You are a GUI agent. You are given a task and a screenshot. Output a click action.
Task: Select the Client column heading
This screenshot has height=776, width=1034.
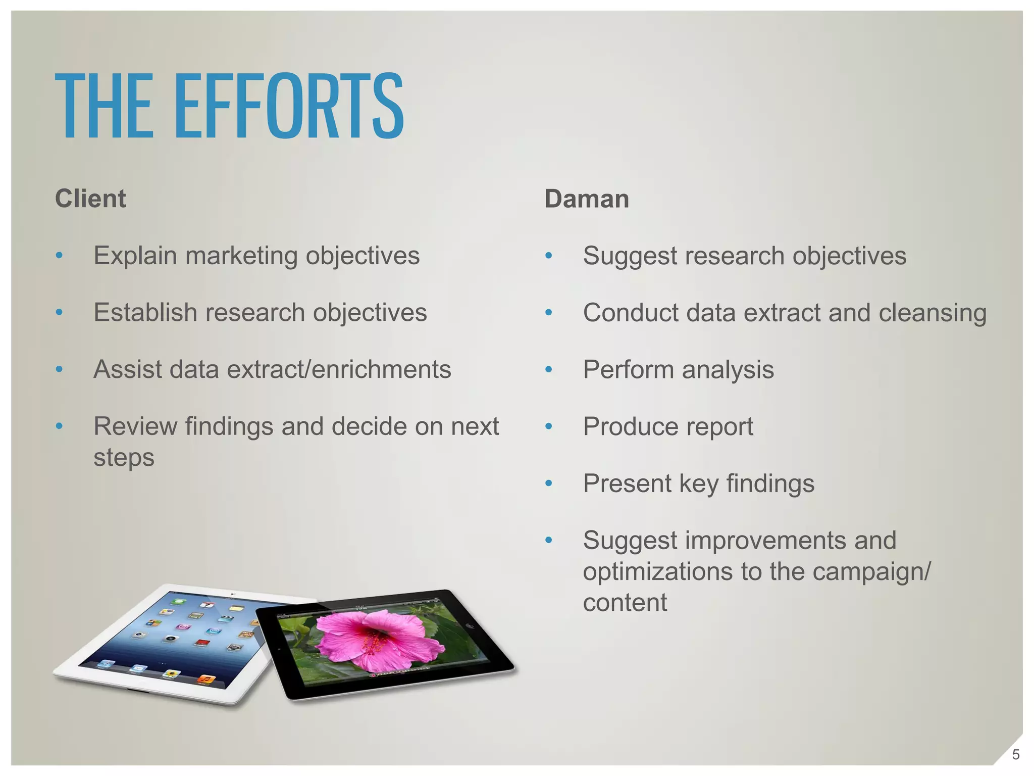tap(90, 198)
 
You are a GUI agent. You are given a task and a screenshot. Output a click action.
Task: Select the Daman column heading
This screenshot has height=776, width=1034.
tap(587, 199)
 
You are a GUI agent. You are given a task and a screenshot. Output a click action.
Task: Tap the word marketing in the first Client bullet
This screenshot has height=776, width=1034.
tap(241, 256)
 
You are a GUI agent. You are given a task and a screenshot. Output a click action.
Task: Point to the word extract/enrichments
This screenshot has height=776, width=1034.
tap(339, 369)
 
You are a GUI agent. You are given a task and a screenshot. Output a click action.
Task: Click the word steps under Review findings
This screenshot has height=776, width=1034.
tap(124, 458)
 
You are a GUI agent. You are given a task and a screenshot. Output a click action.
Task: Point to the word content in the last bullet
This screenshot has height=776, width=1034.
tap(625, 603)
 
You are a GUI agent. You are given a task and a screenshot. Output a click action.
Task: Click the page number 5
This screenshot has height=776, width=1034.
tap(1016, 755)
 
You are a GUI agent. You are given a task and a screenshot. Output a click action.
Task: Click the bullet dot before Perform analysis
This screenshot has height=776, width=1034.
tap(549, 370)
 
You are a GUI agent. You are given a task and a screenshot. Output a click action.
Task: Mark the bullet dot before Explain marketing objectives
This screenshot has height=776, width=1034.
tap(59, 256)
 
